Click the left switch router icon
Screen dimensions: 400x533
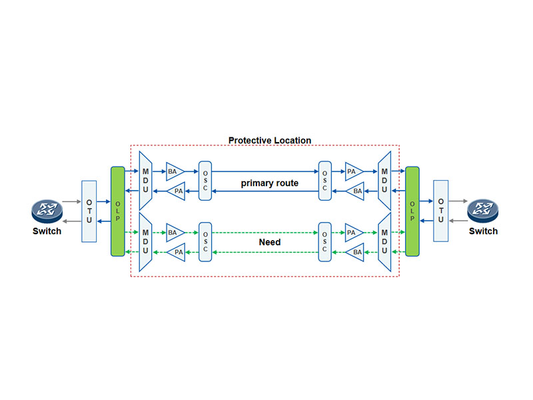(x=47, y=211)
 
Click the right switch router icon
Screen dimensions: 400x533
(x=482, y=211)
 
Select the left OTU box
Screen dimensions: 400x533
(x=90, y=211)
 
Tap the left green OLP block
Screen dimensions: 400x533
(x=119, y=211)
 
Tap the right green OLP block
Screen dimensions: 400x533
(x=412, y=211)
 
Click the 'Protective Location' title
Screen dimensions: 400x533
(x=270, y=141)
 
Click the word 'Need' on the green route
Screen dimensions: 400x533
(x=269, y=242)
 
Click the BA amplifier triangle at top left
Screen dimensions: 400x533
(x=175, y=171)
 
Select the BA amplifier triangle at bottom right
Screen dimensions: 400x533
(x=356, y=252)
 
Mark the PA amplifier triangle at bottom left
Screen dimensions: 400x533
(x=177, y=252)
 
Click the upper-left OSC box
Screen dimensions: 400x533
(x=205, y=181)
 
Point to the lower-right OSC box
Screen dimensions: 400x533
(x=325, y=241)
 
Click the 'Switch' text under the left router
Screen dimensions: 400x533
(x=47, y=231)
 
